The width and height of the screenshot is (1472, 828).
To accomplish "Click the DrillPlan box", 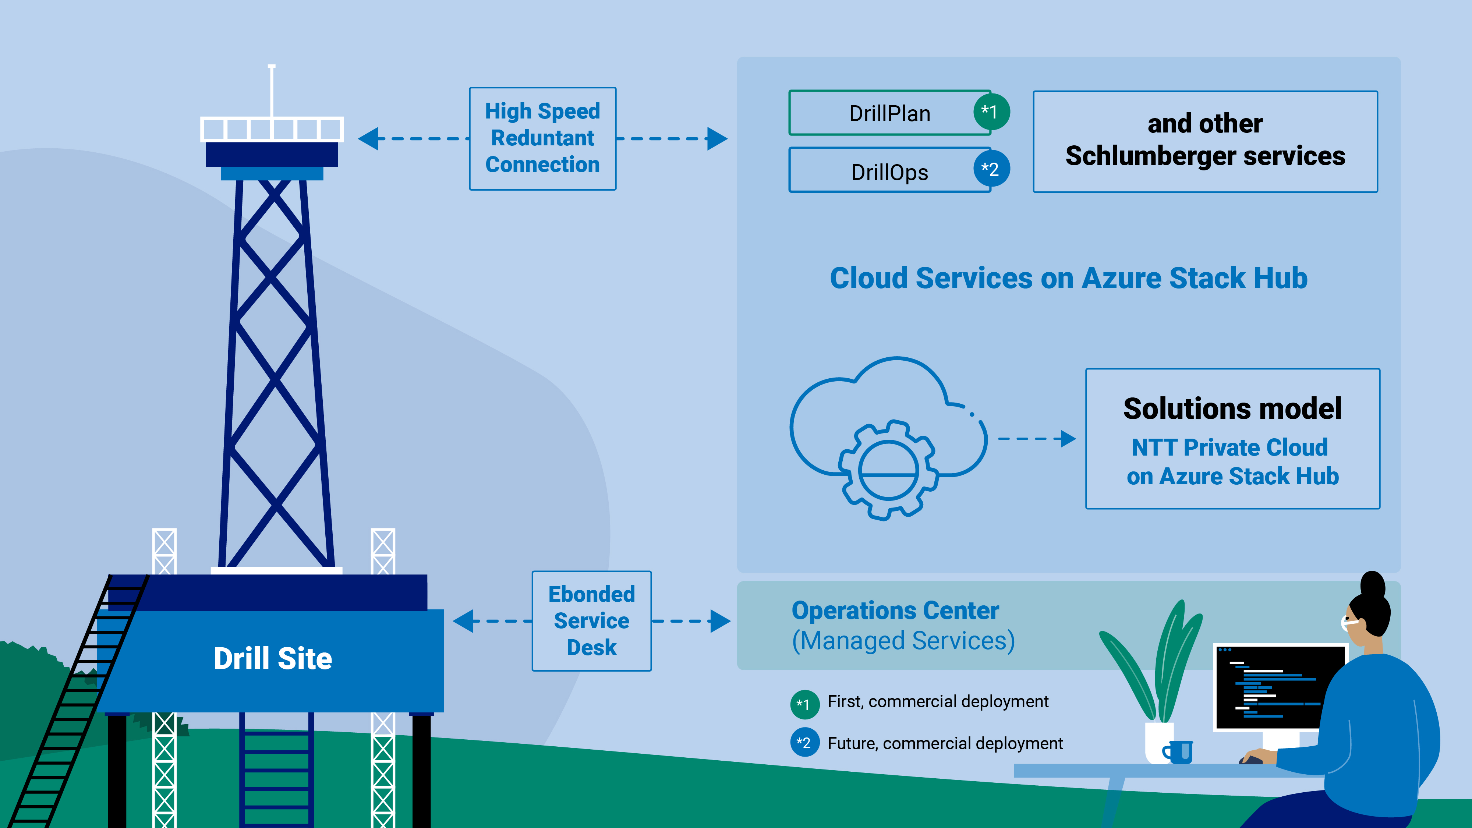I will [889, 113].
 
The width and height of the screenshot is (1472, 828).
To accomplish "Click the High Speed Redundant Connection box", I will [542, 138].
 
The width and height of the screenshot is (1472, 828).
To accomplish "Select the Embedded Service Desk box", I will [591, 620].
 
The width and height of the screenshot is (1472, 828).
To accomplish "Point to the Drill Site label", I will [273, 658].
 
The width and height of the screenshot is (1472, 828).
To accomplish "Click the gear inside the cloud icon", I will [889, 470].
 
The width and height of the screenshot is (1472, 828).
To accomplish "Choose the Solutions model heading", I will [1232, 408].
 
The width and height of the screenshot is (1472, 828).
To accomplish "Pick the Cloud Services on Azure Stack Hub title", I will [1068, 278].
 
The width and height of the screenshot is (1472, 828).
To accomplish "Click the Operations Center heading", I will [895, 610].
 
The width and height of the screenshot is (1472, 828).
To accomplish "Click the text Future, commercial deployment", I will [945, 743].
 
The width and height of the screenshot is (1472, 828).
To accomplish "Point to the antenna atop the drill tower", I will [272, 91].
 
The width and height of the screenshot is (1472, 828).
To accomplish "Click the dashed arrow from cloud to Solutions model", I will [1036, 439].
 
